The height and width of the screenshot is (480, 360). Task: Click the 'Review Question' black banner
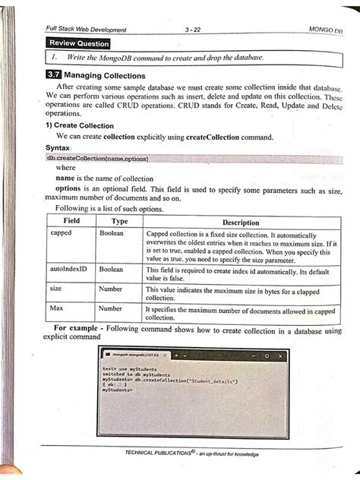(77, 43)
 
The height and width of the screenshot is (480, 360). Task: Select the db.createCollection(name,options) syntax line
(97, 159)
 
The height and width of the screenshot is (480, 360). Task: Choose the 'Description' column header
(241, 223)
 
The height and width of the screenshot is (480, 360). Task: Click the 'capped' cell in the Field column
(61, 233)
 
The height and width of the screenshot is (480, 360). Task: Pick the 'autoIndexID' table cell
(69, 270)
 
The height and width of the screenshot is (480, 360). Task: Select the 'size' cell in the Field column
(56, 289)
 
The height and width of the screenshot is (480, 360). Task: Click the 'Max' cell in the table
(56, 308)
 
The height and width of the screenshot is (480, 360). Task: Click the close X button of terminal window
(280, 355)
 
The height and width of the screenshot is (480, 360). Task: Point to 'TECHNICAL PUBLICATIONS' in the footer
(159, 453)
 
